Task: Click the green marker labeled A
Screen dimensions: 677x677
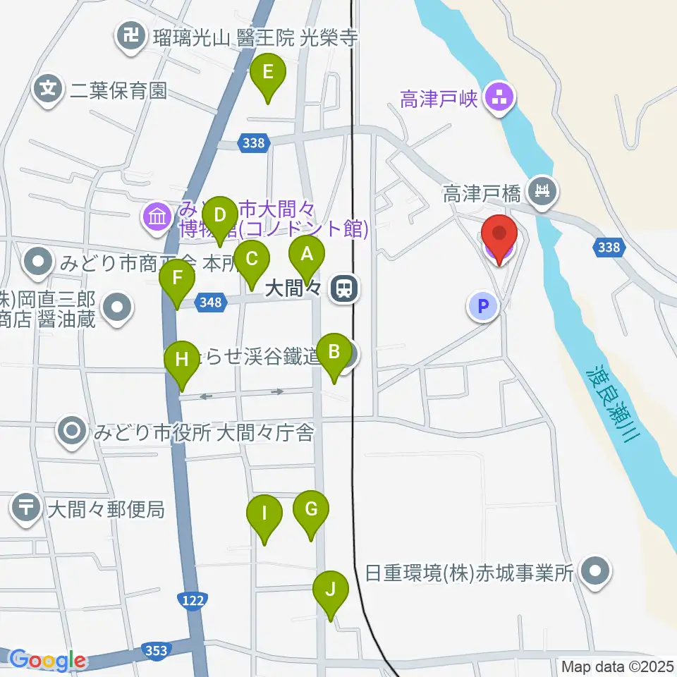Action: tap(306, 255)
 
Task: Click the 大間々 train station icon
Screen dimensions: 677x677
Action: tap(344, 288)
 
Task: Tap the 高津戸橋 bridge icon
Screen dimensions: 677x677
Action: tap(543, 190)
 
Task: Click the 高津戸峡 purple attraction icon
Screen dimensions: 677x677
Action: tap(500, 99)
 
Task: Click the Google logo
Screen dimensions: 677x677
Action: tap(48, 661)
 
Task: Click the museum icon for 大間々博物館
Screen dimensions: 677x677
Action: tap(156, 215)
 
